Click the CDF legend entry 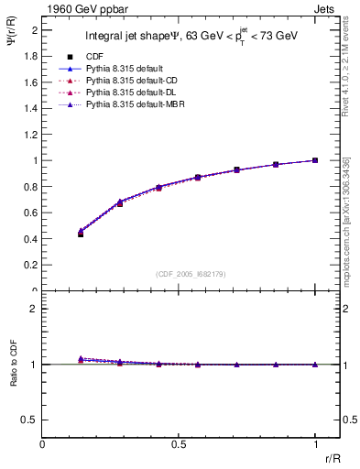pyautogui.click(x=91, y=57)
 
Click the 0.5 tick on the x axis pyautogui.click(x=179, y=444)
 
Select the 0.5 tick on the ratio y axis pyautogui.click(x=32, y=420)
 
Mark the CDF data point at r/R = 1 pyautogui.click(x=315, y=160)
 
